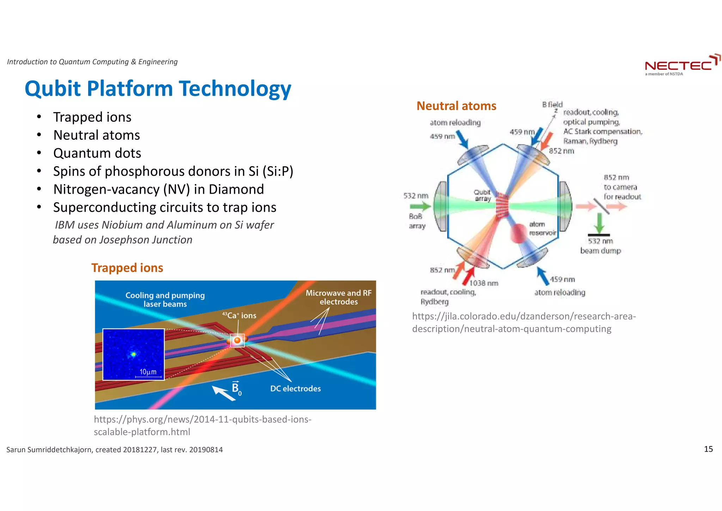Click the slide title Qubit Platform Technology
click(158, 88)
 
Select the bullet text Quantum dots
click(97, 153)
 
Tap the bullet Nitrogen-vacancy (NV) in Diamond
click(158, 189)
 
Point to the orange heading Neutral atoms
click(456, 106)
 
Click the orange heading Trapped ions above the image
click(127, 268)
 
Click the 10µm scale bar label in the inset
click(148, 372)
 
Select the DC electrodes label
click(295, 389)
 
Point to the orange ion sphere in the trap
click(238, 340)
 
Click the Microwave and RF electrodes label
click(338, 297)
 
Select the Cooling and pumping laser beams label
click(165, 299)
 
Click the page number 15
click(708, 449)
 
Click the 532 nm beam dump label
click(600, 246)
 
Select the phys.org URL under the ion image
click(202, 425)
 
